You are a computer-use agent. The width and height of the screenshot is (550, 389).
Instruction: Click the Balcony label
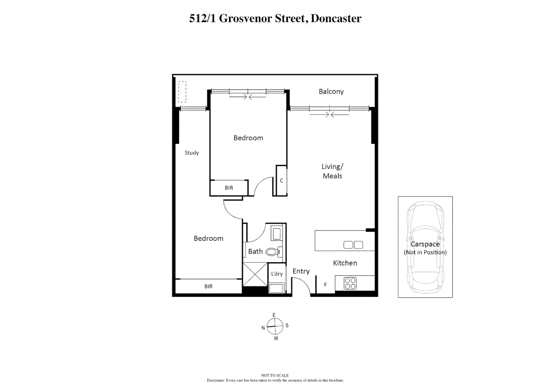pyautogui.click(x=331, y=91)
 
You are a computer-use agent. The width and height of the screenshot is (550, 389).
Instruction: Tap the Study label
pyautogui.click(x=192, y=153)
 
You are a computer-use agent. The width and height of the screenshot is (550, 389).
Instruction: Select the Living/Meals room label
pyautogui.click(x=332, y=171)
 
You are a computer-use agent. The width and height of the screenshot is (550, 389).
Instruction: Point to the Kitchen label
pyautogui.click(x=345, y=263)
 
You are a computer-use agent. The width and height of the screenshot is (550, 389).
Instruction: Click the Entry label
pyautogui.click(x=301, y=271)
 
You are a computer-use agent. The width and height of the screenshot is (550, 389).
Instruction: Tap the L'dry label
pyautogui.click(x=277, y=274)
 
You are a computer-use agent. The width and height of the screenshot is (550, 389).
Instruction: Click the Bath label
pyautogui.click(x=255, y=251)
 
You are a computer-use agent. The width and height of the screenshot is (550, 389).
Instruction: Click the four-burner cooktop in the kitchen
pyautogui.click(x=350, y=283)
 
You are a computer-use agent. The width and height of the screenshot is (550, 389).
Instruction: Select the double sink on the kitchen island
pyautogui.click(x=353, y=245)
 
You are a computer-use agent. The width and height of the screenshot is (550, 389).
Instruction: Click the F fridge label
pyautogui.click(x=325, y=285)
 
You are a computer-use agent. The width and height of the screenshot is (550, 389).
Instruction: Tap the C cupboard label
pyautogui.click(x=281, y=180)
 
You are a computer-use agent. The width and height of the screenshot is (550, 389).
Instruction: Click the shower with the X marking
pyautogui.click(x=255, y=274)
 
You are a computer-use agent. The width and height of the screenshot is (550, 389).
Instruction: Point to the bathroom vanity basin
pyautogui.click(x=277, y=233)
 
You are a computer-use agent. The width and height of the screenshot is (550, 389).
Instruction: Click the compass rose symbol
pyautogui.click(x=275, y=326)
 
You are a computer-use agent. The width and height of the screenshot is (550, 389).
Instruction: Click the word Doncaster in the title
pyautogui.click(x=336, y=18)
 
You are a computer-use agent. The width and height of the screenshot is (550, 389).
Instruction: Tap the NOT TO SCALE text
pyautogui.click(x=275, y=375)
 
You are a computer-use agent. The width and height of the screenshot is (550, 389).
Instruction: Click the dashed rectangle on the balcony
pyautogui.click(x=182, y=91)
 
